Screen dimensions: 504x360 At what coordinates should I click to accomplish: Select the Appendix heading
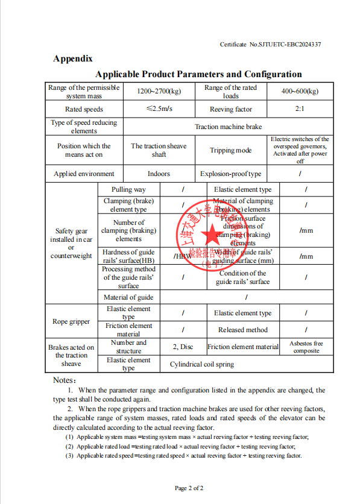tap(72, 59)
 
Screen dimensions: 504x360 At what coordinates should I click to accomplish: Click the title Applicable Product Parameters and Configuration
tap(198, 74)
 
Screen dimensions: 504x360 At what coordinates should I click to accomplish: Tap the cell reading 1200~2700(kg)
tap(159, 92)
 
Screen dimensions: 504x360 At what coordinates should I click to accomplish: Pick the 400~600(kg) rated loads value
tap(300, 92)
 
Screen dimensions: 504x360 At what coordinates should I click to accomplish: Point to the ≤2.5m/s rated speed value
tap(159, 109)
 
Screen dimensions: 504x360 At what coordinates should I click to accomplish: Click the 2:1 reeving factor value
tap(300, 109)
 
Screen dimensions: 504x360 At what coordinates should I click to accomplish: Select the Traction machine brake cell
tap(228, 127)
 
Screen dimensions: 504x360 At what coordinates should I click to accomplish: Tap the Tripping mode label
tap(230, 150)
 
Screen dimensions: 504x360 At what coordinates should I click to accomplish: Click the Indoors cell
tap(159, 174)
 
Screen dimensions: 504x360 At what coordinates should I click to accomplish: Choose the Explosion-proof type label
tap(230, 174)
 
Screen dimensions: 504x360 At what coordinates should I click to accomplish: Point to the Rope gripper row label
tap(71, 321)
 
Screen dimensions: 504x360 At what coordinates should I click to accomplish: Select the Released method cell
tap(243, 330)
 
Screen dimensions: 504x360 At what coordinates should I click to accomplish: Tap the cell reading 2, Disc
tap(183, 347)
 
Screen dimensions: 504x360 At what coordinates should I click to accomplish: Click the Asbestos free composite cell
tap(306, 347)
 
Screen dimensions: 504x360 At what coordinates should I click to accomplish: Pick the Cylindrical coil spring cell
tap(201, 364)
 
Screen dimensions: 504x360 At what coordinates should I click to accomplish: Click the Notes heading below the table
tap(65, 380)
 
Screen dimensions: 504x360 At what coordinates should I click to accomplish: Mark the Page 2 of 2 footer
tap(189, 488)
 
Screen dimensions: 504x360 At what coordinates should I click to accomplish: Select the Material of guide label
tap(128, 297)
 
